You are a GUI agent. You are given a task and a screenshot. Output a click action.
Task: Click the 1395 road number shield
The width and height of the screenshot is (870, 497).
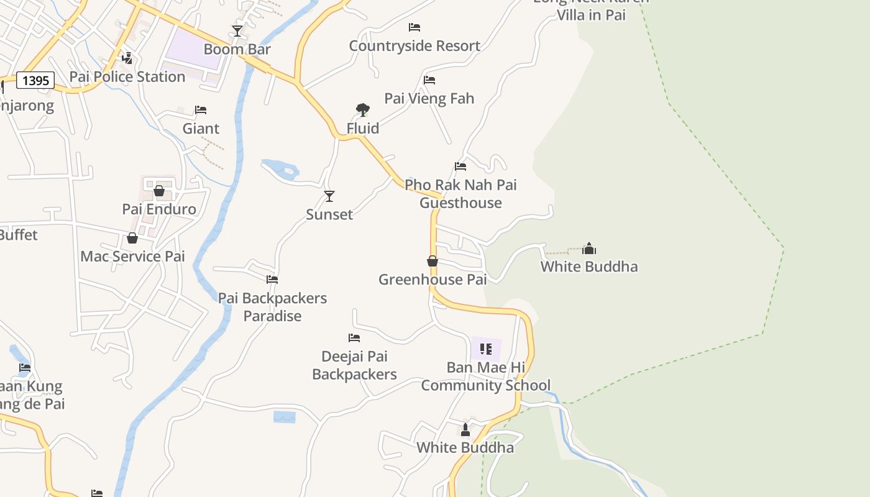tap(35, 80)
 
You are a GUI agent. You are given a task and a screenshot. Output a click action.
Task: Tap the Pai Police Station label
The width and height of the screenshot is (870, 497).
tap(127, 77)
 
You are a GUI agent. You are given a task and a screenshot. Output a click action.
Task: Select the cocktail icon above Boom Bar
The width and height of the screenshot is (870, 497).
tap(237, 30)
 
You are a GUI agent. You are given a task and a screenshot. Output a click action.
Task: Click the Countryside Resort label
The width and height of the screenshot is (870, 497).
tap(414, 46)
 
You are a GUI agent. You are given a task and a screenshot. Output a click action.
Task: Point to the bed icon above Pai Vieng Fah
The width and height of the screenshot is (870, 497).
tap(429, 80)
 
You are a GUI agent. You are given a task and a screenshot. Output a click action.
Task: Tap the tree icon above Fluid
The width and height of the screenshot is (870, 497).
tap(363, 110)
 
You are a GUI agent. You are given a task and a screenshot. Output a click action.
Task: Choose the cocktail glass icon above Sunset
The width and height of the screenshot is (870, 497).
tap(329, 196)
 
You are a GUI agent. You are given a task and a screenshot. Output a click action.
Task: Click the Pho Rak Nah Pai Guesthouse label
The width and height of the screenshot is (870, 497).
tap(460, 194)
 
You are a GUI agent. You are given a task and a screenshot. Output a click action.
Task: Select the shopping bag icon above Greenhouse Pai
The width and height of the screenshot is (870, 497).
tap(433, 261)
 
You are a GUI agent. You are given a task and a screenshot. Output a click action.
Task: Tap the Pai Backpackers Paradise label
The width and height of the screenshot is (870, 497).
tap(272, 307)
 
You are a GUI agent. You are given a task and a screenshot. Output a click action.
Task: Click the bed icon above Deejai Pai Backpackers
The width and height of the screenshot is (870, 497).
tap(354, 338)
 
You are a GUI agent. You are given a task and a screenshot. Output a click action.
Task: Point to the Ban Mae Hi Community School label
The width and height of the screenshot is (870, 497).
tap(486, 376)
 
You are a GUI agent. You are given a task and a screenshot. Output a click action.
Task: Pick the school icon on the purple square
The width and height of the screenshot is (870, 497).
tap(486, 349)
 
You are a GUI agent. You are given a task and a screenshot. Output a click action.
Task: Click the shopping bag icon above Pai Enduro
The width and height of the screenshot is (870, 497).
tap(159, 191)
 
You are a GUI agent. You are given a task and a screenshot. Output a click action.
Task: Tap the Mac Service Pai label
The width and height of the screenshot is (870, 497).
tap(132, 257)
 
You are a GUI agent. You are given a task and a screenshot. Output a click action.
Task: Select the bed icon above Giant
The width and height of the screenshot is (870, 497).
tap(201, 110)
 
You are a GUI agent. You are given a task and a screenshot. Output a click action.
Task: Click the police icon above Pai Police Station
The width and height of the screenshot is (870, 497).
tap(127, 58)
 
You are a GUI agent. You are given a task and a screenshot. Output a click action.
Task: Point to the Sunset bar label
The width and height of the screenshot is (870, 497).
tap(329, 215)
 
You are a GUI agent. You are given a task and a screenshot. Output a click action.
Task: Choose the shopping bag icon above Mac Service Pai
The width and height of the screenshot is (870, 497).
tap(132, 238)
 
